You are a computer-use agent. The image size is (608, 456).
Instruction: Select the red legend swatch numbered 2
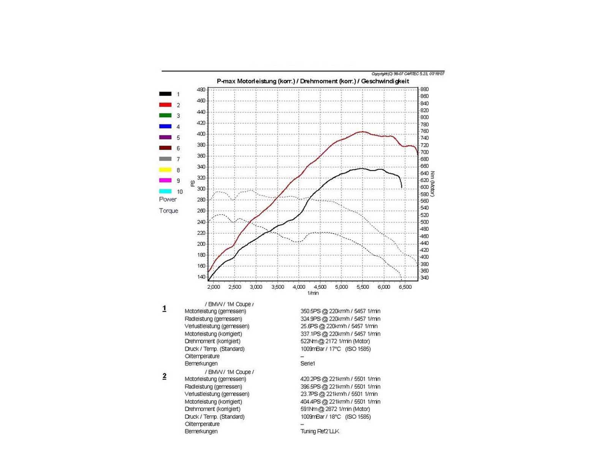(x=165, y=105)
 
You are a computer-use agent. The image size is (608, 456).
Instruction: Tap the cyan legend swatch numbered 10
(x=165, y=192)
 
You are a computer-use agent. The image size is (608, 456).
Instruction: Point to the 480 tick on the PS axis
(x=201, y=90)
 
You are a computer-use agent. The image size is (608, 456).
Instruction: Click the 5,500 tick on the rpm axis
(x=363, y=287)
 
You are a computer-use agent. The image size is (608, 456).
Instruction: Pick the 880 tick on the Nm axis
(x=424, y=89)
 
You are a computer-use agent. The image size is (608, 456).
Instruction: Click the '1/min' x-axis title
(x=313, y=293)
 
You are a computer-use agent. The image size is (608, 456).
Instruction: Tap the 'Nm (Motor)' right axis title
(x=432, y=184)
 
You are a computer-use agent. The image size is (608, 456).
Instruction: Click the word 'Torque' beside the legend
(x=169, y=211)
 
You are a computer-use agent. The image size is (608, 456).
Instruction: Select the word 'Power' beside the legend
(x=168, y=199)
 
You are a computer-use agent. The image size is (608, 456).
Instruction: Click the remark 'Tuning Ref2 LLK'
(x=320, y=431)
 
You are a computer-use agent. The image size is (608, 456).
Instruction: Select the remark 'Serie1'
(x=308, y=364)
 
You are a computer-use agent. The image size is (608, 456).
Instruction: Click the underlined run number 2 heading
(x=164, y=376)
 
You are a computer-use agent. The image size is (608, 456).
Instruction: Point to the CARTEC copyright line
(x=408, y=74)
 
